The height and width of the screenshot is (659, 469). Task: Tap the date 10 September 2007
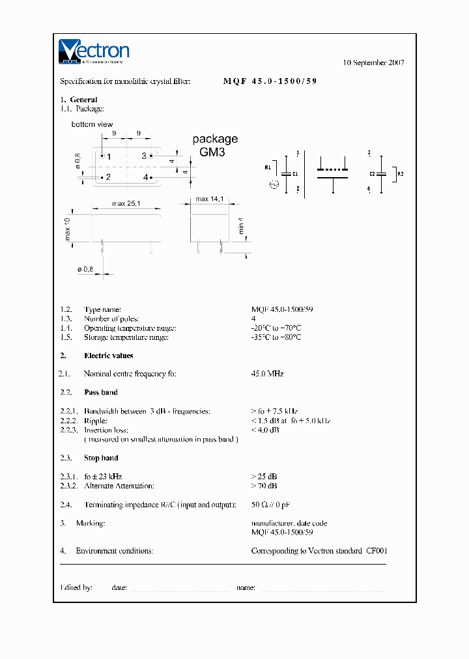pos(373,63)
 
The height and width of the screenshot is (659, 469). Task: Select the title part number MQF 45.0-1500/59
pos(270,81)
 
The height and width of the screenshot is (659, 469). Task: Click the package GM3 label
pos(215,145)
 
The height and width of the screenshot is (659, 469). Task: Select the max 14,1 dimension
pos(210,199)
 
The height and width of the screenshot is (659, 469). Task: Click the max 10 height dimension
pos(68,229)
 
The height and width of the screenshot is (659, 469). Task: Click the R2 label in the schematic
pos(401,174)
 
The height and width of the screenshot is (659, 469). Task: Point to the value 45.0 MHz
pos(267,374)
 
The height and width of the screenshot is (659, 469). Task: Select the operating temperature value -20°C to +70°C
pos(276,328)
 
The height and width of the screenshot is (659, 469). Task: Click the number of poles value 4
pos(253,319)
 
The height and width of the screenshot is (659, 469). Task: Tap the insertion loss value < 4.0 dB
pos(265,430)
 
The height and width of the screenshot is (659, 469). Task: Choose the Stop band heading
pos(101,458)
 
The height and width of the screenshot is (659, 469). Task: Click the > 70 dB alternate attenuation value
pos(264,486)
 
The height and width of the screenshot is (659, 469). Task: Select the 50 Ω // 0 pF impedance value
pos(274,505)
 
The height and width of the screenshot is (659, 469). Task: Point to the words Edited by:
pos(76,587)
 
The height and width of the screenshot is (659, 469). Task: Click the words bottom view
pos(92,124)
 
